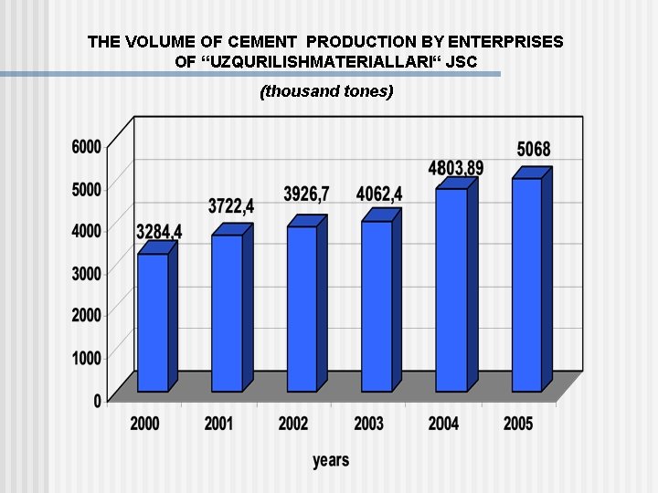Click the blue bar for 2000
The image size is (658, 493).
[153, 321]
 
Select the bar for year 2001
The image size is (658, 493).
[227, 312]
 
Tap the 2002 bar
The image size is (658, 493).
[302, 308]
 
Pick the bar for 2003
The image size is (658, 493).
[377, 305]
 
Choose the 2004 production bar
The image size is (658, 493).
[451, 289]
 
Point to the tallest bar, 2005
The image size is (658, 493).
[526, 284]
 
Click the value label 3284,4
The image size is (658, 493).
[159, 232]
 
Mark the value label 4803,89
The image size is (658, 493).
[456, 168]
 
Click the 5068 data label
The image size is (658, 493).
[534, 149]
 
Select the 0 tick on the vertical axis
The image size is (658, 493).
[97, 400]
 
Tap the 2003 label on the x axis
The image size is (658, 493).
[369, 424]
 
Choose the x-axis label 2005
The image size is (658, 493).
[518, 424]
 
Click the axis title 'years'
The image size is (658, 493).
[331, 460]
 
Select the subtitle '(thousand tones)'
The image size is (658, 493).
[326, 91]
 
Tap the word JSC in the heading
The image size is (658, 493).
[459, 62]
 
